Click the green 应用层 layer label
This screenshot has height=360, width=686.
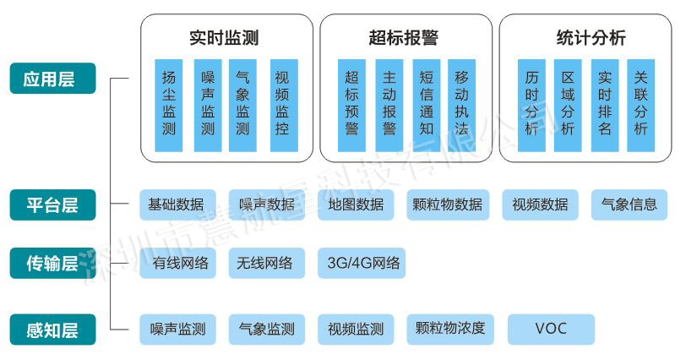tap(53, 79)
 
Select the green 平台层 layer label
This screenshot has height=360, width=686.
tap(53, 205)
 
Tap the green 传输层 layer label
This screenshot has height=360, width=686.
tap(53, 264)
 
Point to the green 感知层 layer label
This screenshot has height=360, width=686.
tap(53, 329)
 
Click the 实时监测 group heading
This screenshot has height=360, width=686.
tap(224, 38)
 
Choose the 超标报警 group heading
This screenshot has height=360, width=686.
tap(404, 38)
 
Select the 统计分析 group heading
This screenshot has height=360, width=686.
tap(591, 38)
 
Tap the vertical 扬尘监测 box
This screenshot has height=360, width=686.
tap(169, 105)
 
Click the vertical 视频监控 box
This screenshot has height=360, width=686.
tap(283, 105)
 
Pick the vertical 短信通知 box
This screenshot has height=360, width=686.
tap(427, 105)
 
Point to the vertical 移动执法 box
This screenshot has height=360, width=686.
tap(461, 105)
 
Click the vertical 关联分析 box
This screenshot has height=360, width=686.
tap(640, 105)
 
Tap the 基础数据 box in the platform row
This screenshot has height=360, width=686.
tap(176, 205)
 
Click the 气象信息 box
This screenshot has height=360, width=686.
tap(629, 205)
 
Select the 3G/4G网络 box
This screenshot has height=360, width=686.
tap(363, 263)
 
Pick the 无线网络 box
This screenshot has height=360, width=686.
tap(265, 263)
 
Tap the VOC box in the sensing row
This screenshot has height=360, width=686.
tap(551, 329)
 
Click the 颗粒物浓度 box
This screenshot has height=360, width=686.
tap(450, 329)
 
